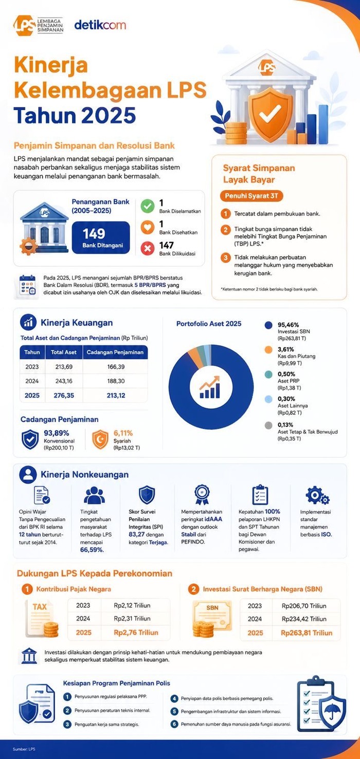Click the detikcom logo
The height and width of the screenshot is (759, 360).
coord(100,25)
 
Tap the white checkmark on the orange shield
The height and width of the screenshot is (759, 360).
coord(270,114)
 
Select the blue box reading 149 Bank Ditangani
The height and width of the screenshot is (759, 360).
coord(101,237)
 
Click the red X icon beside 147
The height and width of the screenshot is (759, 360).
coord(148,248)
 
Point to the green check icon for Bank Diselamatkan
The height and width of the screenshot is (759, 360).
coord(148,206)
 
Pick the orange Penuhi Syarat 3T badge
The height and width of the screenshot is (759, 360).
coord(251,196)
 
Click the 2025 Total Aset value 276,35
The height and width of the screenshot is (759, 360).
coord(64,395)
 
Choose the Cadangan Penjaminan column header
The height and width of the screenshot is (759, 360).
coord(115,352)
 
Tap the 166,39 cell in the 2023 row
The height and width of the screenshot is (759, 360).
coord(116,367)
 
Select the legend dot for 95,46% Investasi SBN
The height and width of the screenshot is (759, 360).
coord(268,326)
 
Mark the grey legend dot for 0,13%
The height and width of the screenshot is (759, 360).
coord(268,425)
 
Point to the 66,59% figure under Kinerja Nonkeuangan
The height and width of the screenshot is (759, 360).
coord(92,550)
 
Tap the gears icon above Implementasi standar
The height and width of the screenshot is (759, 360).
coord(317,495)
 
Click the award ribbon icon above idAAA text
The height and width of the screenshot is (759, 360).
coord(202,495)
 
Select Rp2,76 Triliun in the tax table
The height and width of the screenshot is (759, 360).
coord(136,633)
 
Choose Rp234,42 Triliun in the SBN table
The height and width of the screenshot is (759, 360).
coord(304,619)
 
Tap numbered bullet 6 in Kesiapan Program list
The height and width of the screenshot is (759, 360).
coord(174,724)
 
